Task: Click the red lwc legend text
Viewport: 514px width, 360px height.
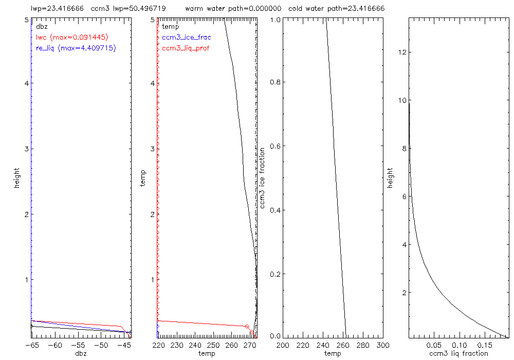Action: (72, 37)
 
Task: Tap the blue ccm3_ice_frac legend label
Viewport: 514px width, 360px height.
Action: (186, 37)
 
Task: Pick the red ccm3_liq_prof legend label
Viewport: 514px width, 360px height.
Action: (186, 48)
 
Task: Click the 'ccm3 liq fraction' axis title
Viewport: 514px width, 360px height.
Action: (458, 353)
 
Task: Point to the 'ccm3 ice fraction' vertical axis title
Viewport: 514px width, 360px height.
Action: (263, 177)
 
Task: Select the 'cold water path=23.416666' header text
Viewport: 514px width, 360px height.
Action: (337, 9)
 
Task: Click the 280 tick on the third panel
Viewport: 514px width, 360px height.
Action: (363, 345)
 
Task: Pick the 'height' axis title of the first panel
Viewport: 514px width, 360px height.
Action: (17, 177)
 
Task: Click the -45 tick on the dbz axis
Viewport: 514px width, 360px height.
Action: (123, 345)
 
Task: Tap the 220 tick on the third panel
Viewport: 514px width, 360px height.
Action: (303, 345)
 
